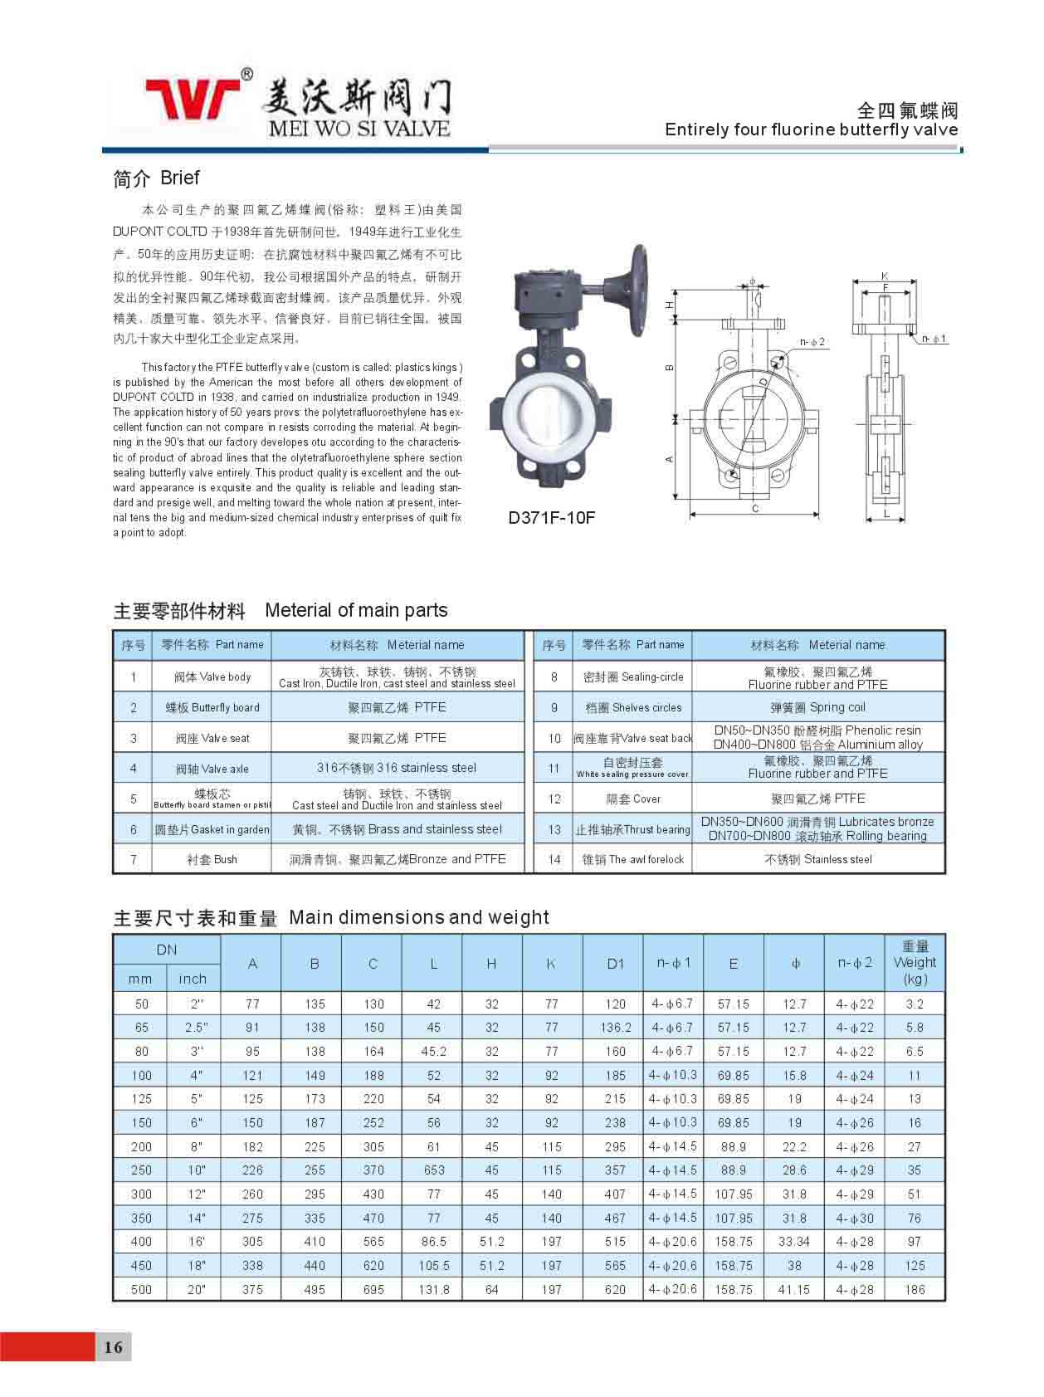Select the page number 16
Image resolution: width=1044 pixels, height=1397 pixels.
pos(113,1346)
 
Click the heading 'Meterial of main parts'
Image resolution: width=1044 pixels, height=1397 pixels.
pos(356,610)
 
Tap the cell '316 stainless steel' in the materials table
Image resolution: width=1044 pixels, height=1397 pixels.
pos(397,768)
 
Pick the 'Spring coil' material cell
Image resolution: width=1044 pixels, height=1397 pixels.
pos(817,707)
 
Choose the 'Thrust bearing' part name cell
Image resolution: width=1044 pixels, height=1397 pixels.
pos(632,829)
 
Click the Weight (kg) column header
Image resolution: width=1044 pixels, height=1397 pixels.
pos(915,963)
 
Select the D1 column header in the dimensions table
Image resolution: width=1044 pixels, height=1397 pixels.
pos(615,964)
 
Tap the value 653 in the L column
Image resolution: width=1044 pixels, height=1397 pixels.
pos(434,1170)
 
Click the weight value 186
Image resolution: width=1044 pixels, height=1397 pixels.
pos(915,1290)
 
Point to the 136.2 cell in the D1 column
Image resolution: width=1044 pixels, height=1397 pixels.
pos(615,1028)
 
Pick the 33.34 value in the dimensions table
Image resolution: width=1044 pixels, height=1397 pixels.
pos(794,1242)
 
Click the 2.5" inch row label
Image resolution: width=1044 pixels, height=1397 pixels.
pos(196,1028)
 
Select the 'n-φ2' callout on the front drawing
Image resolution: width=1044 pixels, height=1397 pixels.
pos(812,342)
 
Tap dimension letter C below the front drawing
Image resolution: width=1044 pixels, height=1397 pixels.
pos(755,509)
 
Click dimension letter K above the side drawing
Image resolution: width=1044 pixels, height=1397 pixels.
pos(885,276)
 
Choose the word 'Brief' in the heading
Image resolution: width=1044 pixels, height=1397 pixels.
pos(180,178)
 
